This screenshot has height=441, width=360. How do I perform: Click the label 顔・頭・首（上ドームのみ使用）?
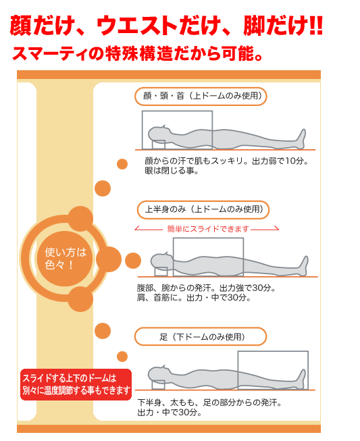point(201,97)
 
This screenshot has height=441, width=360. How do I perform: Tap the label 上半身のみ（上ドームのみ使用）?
point(203,210)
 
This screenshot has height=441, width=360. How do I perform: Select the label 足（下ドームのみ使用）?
point(201,336)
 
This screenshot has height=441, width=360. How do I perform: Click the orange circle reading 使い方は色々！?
point(65,259)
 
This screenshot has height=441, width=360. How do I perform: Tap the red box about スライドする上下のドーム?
point(76,384)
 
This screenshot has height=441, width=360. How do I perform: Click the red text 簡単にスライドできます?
point(208,229)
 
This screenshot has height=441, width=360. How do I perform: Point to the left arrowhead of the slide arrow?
point(136,228)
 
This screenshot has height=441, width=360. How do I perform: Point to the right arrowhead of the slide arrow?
point(277,228)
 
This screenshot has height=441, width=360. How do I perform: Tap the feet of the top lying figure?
point(301,138)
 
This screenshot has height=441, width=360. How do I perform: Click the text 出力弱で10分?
point(280,161)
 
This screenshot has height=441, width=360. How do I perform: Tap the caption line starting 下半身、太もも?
point(209,403)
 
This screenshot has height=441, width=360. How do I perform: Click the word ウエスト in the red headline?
point(137,26)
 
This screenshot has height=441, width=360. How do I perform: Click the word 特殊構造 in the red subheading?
point(139,53)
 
